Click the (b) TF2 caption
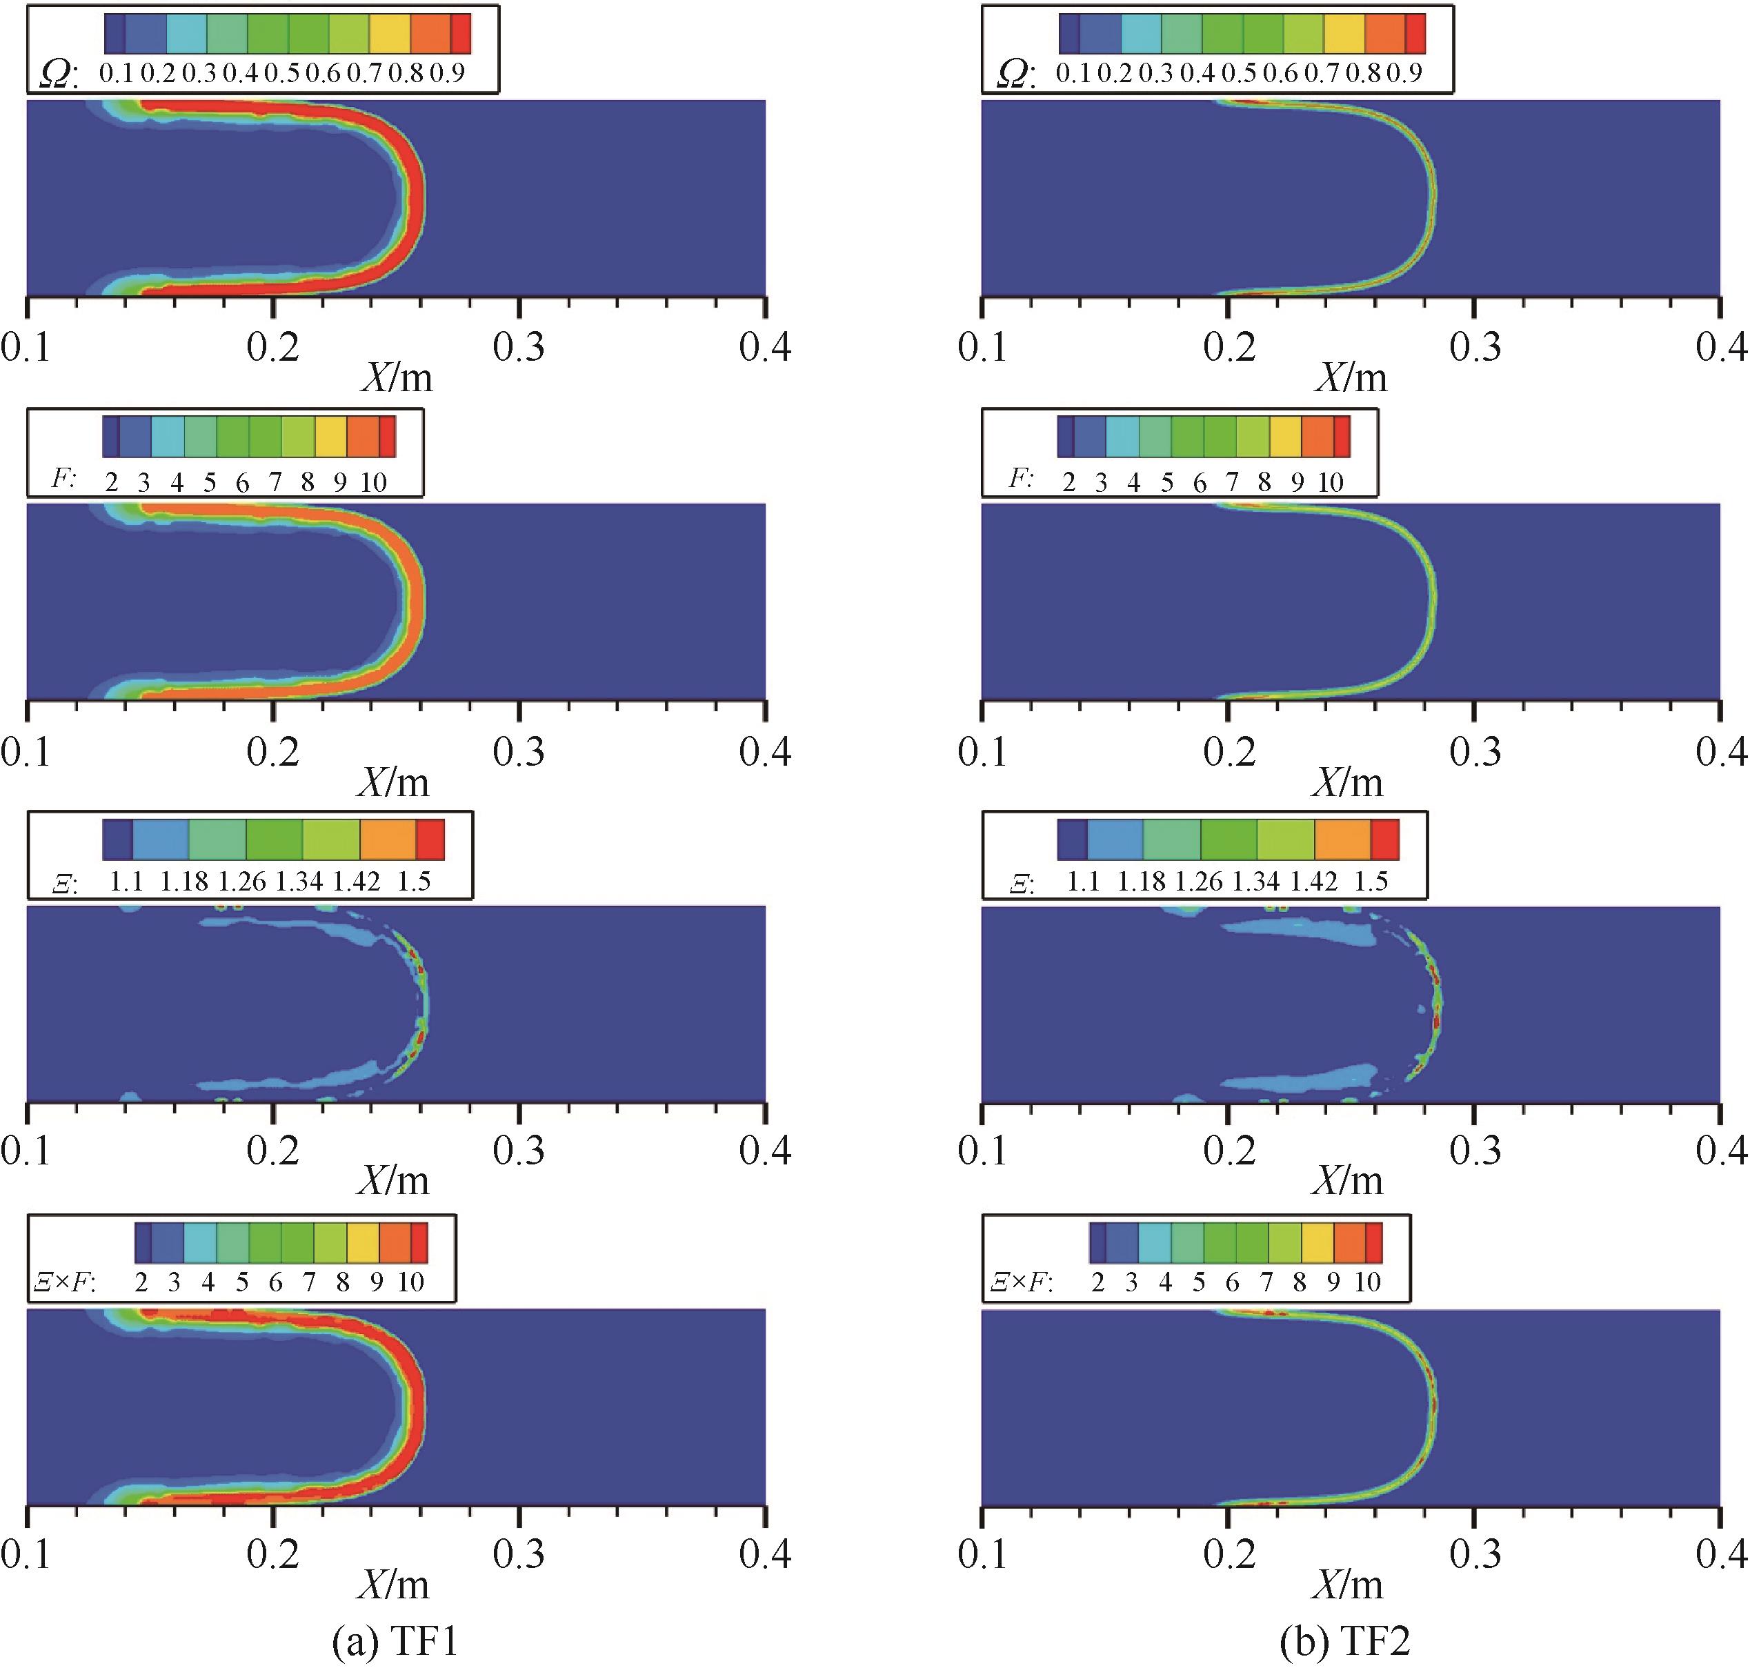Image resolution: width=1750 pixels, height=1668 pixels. [1345, 1641]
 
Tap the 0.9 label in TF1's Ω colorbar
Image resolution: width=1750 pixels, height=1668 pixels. [447, 73]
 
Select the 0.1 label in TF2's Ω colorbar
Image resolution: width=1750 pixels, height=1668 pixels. [1073, 73]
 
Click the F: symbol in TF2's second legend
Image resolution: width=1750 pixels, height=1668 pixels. [1022, 479]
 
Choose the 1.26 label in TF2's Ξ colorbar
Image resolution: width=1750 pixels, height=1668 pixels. [1200, 881]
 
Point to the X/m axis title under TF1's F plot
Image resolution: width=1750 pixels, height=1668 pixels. [394, 782]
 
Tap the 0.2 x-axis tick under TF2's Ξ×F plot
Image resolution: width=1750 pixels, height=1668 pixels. [1229, 1554]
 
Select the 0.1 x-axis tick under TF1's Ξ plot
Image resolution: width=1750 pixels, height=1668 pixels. [27, 1151]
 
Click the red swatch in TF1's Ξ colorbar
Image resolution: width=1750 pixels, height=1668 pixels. [430, 840]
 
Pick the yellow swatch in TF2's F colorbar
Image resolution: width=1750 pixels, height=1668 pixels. [1285, 437]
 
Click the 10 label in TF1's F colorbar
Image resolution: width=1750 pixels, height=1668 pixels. [373, 482]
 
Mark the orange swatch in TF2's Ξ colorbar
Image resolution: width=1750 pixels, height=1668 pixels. [1342, 840]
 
